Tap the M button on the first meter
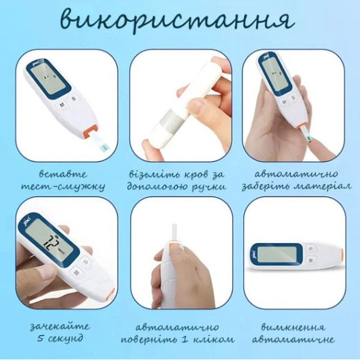point(62,105)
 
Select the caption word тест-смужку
point(63,187)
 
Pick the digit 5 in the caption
point(40,338)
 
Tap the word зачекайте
point(59,326)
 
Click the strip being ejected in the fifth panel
point(175,232)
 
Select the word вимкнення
point(293,327)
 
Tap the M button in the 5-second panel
point(76,272)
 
